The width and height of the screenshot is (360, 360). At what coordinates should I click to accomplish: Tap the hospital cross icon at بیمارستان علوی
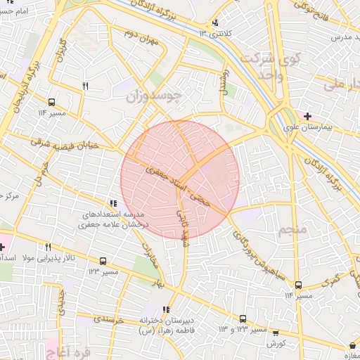[308, 115]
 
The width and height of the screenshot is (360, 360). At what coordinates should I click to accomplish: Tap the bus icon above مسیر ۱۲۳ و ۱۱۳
[243, 319]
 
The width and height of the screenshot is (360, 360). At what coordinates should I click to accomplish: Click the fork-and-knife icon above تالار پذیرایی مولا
[49, 247]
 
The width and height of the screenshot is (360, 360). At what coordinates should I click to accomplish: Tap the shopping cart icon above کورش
[275, 333]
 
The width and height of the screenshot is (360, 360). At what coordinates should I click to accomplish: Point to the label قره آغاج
[69, 349]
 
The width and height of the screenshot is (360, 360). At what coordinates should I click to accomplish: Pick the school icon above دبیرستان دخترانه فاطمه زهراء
[166, 309]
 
